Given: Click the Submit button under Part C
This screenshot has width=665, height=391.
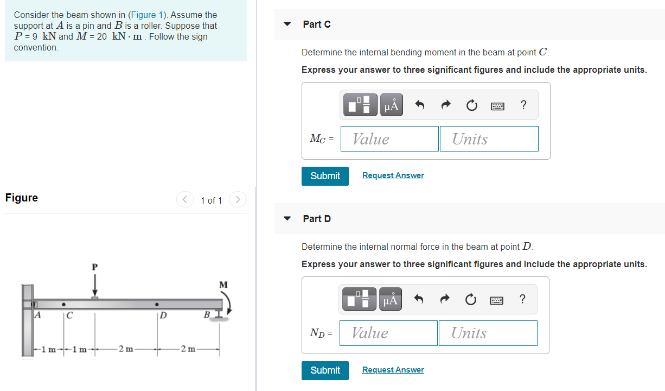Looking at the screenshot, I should coord(325,176).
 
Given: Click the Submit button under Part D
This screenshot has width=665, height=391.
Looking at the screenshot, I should coord(325,370).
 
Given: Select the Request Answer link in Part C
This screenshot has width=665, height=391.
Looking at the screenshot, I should coord(393,175).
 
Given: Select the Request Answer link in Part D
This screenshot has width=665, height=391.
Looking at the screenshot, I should coord(393,370).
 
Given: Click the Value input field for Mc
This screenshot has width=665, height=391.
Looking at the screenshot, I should coord(389,139).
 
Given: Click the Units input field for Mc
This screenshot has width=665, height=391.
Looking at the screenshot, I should coord(489,139).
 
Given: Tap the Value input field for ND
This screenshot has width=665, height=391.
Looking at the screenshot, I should coord(388,333).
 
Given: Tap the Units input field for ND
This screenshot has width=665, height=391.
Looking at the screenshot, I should coord(488,333).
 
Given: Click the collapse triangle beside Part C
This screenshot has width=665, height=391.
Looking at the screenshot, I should coord(288,24).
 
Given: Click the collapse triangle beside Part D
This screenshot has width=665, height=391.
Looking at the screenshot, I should coord(288,219).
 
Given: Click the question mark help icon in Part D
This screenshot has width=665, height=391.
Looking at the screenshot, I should coord(522,299).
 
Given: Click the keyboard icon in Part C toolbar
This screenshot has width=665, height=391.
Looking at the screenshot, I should coord(498,106).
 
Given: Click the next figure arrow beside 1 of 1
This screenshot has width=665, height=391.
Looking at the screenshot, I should coord(238,200).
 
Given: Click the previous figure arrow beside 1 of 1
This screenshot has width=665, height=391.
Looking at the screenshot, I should coord(185,200).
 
